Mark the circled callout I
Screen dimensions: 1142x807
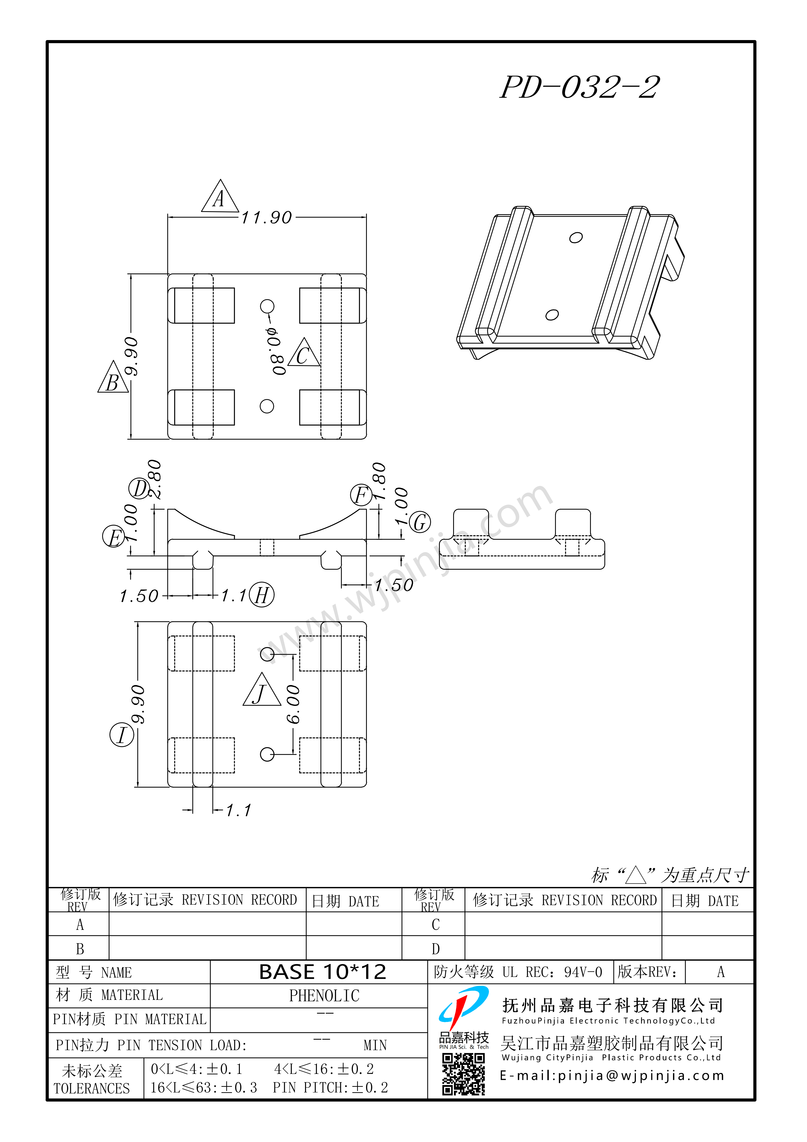121,735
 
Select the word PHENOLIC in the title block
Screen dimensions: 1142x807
324,996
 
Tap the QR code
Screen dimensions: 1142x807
463,1074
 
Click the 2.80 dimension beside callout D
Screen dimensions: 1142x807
155,479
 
